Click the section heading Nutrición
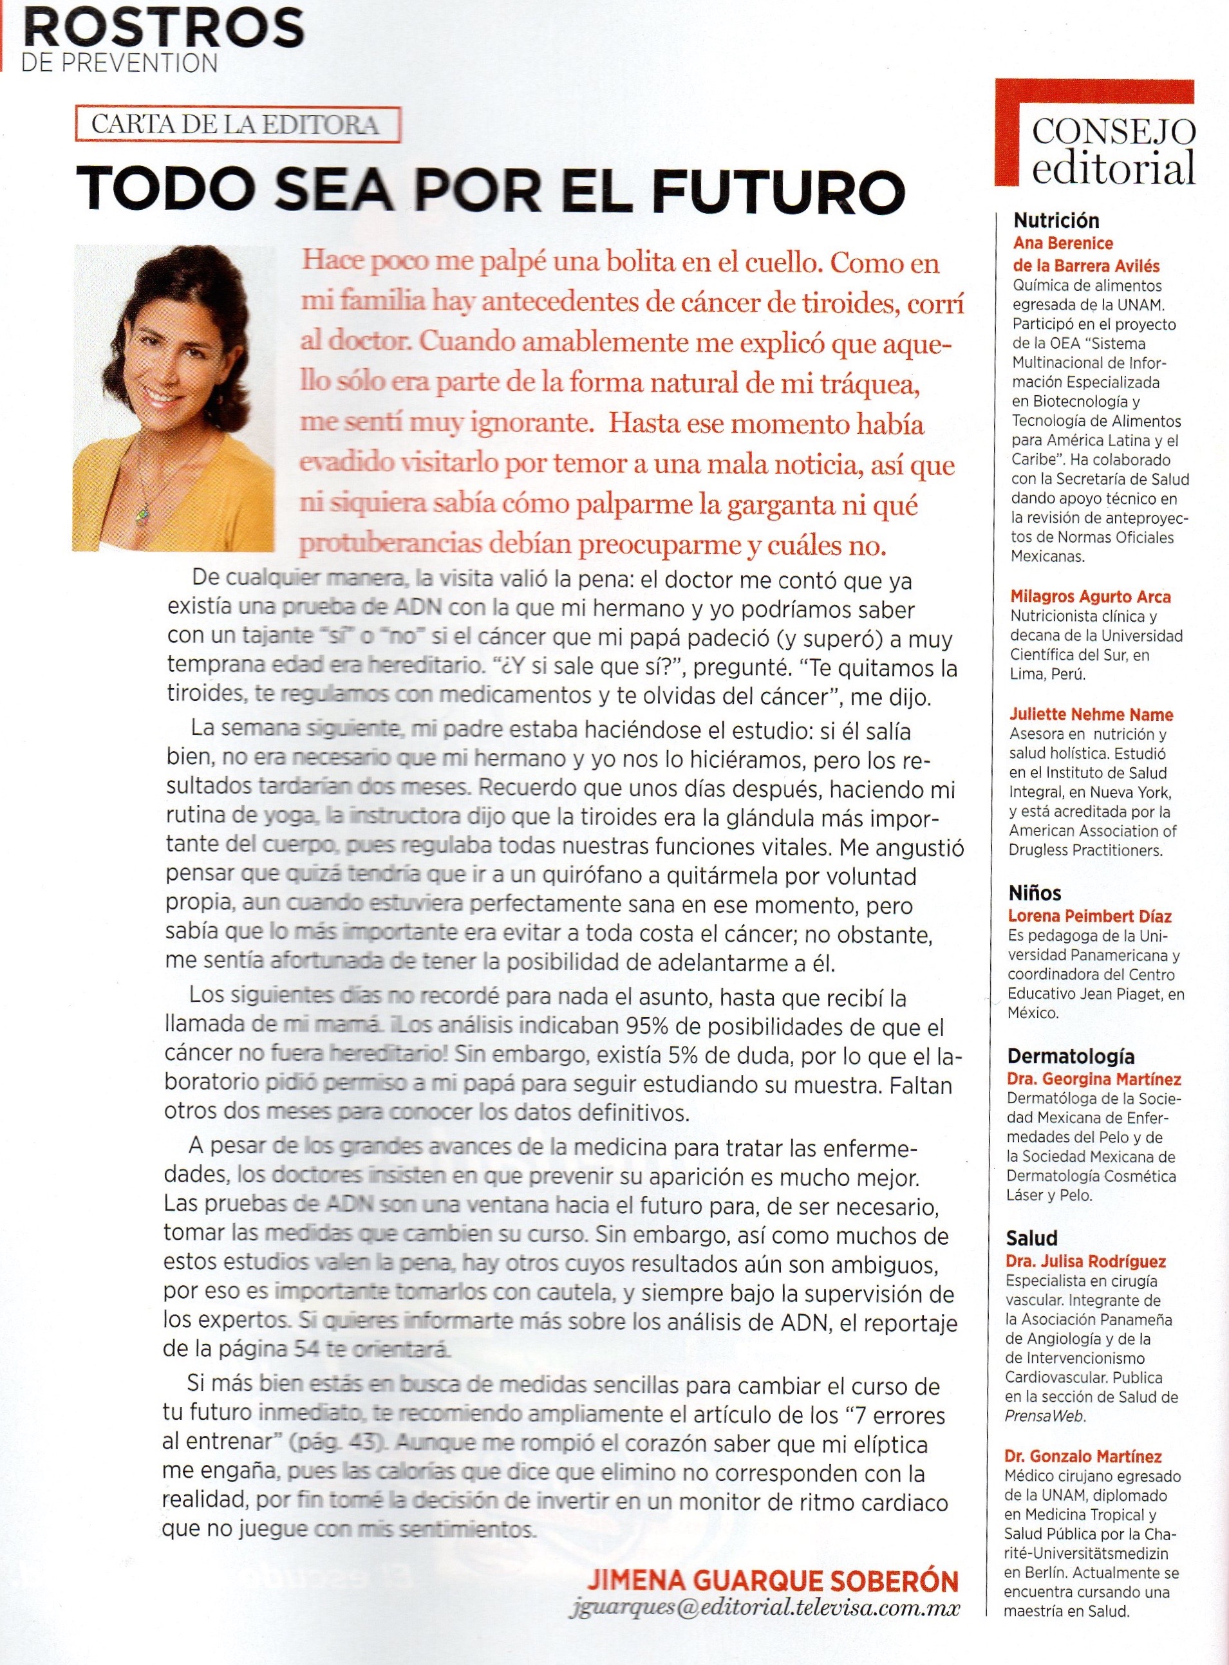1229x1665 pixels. point(1056,220)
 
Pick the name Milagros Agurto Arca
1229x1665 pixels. point(1090,597)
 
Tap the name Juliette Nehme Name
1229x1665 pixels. point(1091,714)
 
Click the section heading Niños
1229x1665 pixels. point(1034,893)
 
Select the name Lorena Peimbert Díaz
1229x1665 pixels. point(1089,916)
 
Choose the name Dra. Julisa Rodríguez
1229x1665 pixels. point(1085,1261)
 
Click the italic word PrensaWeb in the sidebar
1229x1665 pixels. point(1044,1416)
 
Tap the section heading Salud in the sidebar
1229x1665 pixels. point(1031,1238)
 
